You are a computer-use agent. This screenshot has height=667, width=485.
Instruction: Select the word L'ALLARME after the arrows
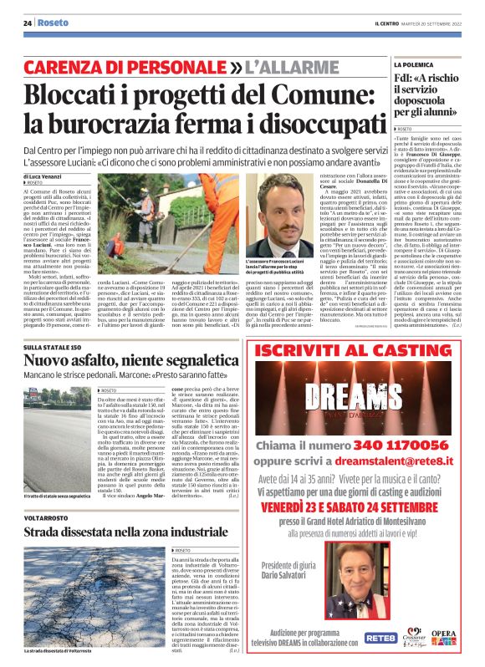pos(284,64)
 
